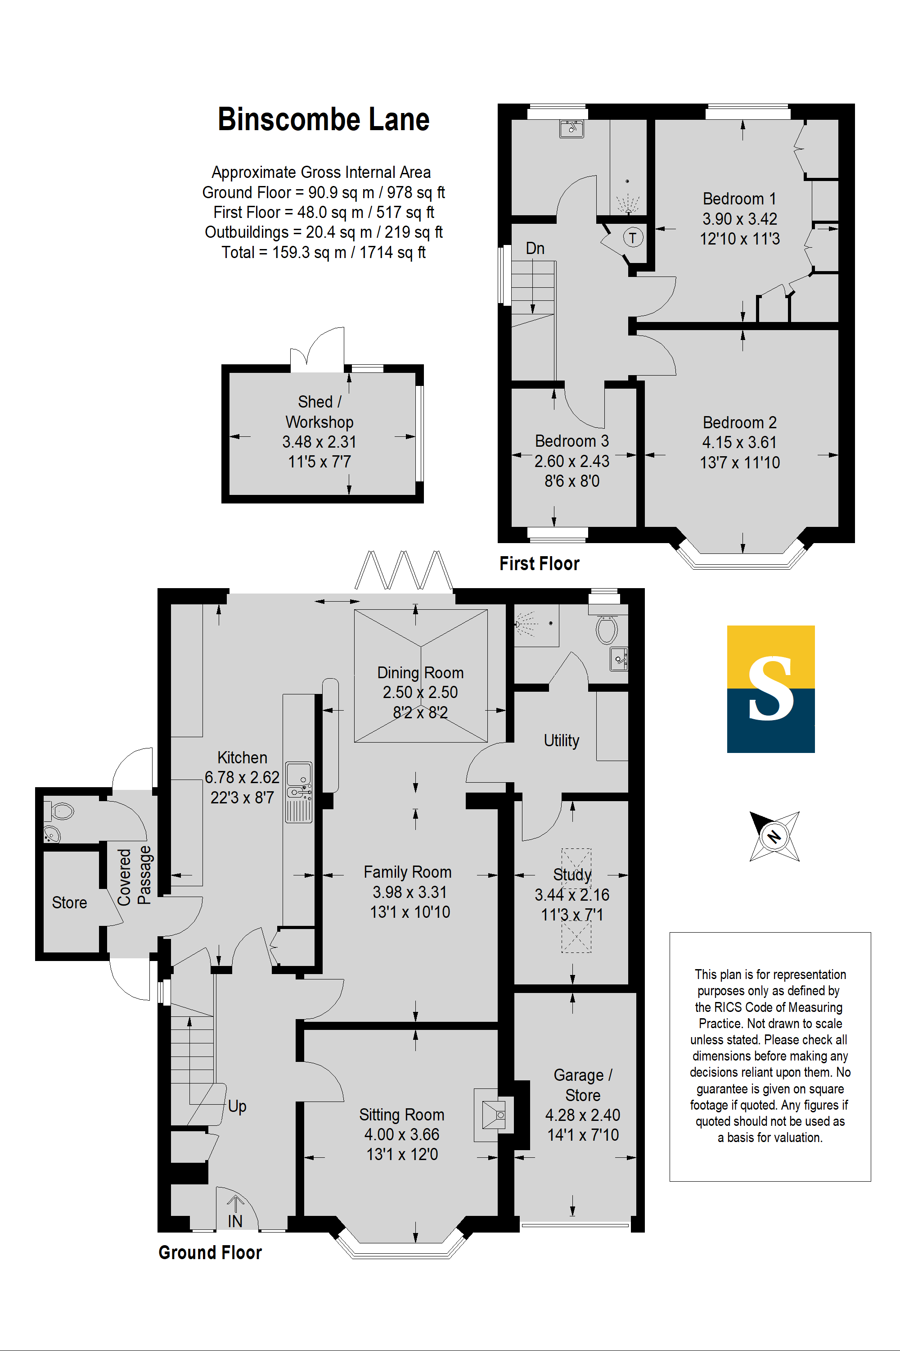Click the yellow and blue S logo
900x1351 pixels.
pyautogui.click(x=770, y=689)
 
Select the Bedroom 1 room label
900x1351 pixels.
pyautogui.click(x=739, y=199)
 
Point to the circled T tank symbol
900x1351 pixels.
pyautogui.click(x=633, y=237)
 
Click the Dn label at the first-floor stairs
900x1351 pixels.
pyautogui.click(x=535, y=248)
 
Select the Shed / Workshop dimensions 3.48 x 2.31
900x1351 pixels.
pyautogui.click(x=319, y=442)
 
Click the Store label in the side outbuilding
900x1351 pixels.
pyautogui.click(x=69, y=902)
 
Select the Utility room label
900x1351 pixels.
pyautogui.click(x=561, y=740)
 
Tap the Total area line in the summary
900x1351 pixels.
pyautogui.click(x=323, y=252)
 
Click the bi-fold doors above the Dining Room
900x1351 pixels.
pyautogui.click(x=404, y=571)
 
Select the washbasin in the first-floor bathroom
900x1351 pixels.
pyautogui.click(x=571, y=129)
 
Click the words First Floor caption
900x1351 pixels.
pyautogui.click(x=539, y=563)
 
